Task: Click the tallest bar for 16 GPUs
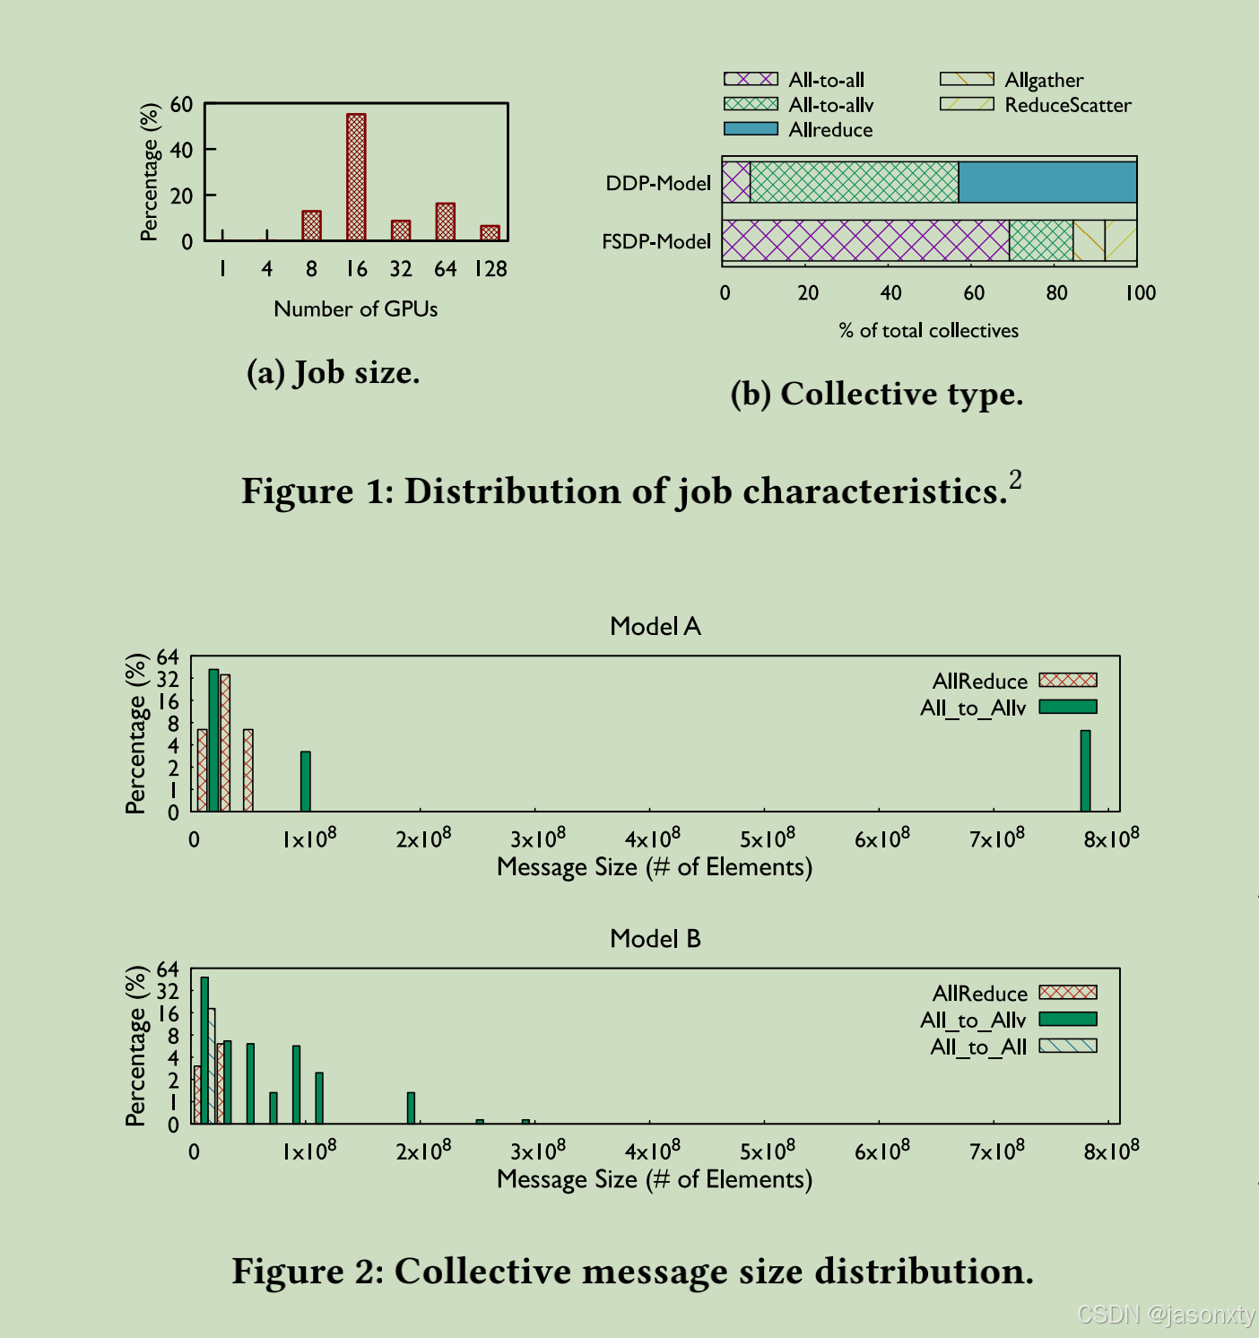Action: coord(356,177)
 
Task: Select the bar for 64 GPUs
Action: coord(446,222)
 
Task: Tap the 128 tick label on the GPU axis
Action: coord(491,269)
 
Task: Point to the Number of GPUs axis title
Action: coord(356,309)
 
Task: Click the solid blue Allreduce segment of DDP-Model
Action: coord(1047,182)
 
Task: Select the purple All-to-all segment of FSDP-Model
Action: coord(865,240)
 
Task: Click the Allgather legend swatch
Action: coord(967,80)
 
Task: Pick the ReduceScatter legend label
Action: coord(1067,105)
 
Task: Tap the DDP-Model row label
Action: coord(658,183)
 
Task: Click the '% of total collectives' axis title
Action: coord(928,331)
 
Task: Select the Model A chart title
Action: coord(655,626)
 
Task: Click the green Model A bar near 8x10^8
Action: coord(1085,770)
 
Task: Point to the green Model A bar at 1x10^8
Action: coord(306,781)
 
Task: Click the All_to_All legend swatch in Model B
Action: coord(1068,1046)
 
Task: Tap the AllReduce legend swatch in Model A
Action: coord(1068,681)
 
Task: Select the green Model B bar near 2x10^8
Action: coord(412,1108)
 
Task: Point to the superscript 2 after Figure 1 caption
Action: coord(1015,480)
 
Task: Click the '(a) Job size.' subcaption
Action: coord(333,372)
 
